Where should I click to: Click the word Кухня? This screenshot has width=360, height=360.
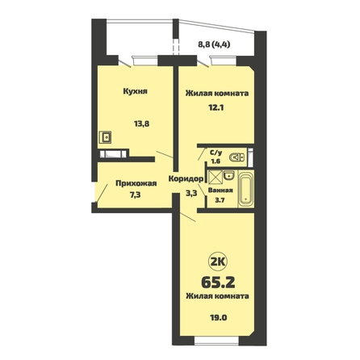tap(135, 91)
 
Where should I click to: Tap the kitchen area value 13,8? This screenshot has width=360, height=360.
tap(141, 123)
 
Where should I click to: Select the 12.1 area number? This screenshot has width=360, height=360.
tap(216, 107)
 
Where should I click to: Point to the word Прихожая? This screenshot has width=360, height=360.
tap(136, 183)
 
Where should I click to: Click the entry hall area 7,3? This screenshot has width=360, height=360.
tap(136, 195)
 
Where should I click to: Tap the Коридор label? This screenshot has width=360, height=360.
tap(186, 178)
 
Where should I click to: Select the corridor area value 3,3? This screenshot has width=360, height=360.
tap(191, 193)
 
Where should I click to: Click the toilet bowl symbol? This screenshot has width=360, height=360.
tap(237, 157)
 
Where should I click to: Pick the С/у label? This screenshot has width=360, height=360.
tap(216, 153)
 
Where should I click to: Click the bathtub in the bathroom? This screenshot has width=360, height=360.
tap(246, 189)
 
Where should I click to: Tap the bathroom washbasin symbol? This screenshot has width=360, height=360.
tap(229, 175)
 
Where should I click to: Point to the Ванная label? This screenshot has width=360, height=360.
tap(220, 190)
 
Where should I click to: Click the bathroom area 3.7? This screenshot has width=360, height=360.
tap(220, 200)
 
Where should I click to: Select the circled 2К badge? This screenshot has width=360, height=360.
tap(218, 262)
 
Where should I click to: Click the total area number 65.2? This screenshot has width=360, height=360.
tap(218, 282)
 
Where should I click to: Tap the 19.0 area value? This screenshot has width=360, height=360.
tap(218, 317)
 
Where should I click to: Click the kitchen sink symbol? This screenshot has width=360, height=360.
tap(105, 137)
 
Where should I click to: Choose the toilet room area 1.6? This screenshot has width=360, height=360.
tap(216, 161)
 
